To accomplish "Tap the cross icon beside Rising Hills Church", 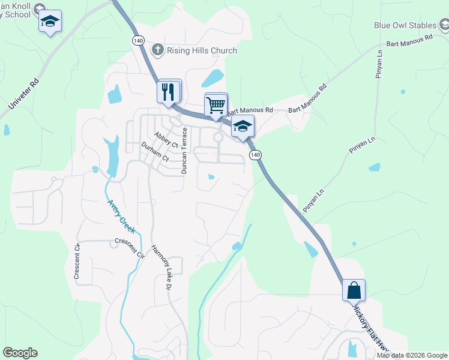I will (158, 50).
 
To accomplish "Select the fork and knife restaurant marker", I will (169, 92).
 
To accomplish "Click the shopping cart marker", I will (216, 106).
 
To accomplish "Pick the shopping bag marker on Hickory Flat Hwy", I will (354, 290).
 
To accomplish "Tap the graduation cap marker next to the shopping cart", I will (243, 127).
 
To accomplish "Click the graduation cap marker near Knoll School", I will (50, 22).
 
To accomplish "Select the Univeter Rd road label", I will (24, 96).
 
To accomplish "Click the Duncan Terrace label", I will (185, 150).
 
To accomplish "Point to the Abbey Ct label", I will (166, 140).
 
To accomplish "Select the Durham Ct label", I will (153, 152).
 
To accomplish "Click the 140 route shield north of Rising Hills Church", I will (138, 40).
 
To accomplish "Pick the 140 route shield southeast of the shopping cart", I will (256, 155).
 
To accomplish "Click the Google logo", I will (20, 353).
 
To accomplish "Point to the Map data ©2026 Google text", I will (412, 355).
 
